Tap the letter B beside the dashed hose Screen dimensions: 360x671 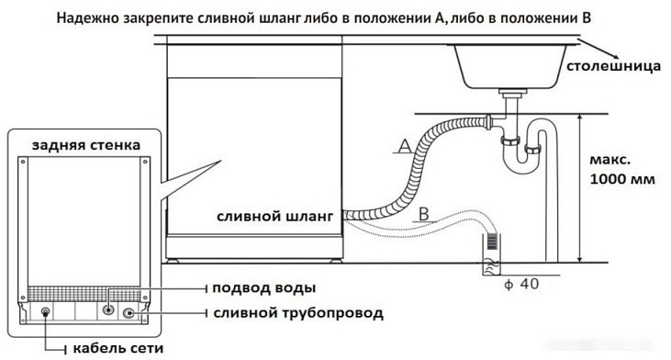point(423,214)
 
